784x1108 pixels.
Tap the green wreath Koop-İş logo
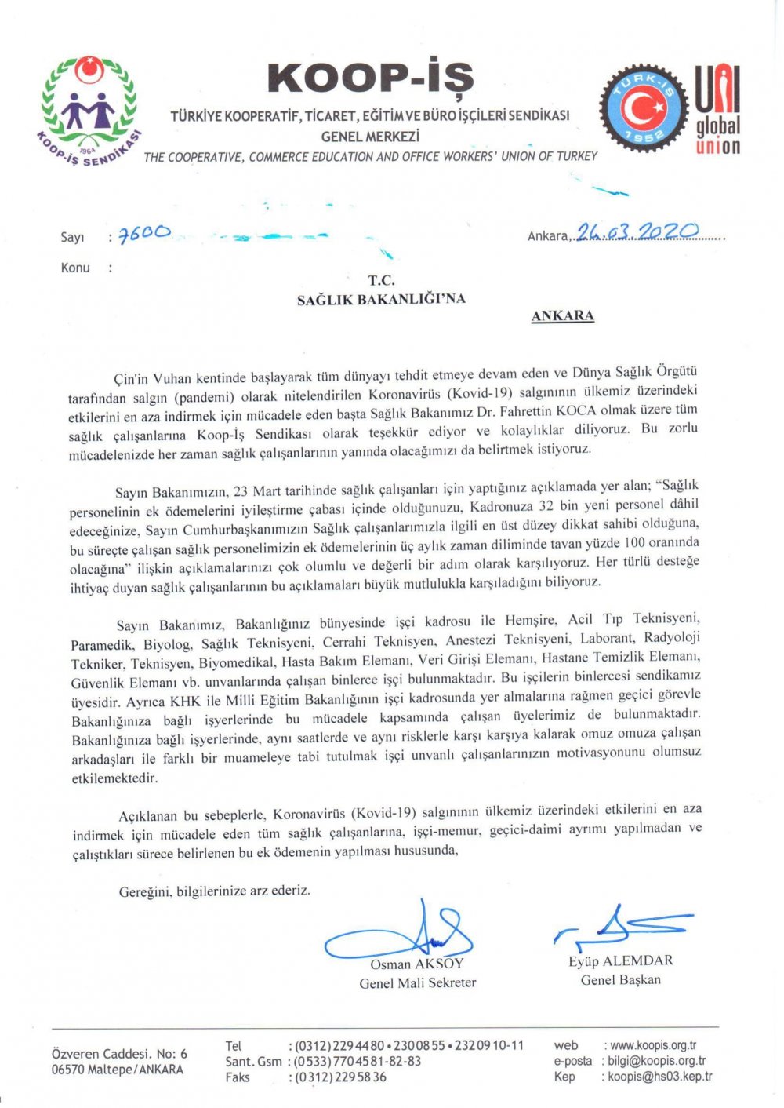pyautogui.click(x=89, y=111)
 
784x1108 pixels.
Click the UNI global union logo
pyautogui.click(x=717, y=109)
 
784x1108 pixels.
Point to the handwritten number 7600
pyautogui.click(x=144, y=234)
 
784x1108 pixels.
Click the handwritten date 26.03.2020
pyautogui.click(x=637, y=231)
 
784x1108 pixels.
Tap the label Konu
pyautogui.click(x=75, y=268)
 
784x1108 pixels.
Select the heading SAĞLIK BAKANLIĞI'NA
pyautogui.click(x=381, y=299)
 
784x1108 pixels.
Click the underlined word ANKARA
pyautogui.click(x=562, y=316)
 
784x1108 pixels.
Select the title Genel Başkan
pyautogui.click(x=620, y=979)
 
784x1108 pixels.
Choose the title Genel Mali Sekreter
pyautogui.click(x=417, y=982)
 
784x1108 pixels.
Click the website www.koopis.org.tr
pyautogui.click(x=653, y=1045)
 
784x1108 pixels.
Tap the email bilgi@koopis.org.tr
pyautogui.click(x=656, y=1061)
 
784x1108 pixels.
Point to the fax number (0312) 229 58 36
pyautogui.click(x=339, y=1077)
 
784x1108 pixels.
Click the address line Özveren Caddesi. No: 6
pyautogui.click(x=119, y=1054)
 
